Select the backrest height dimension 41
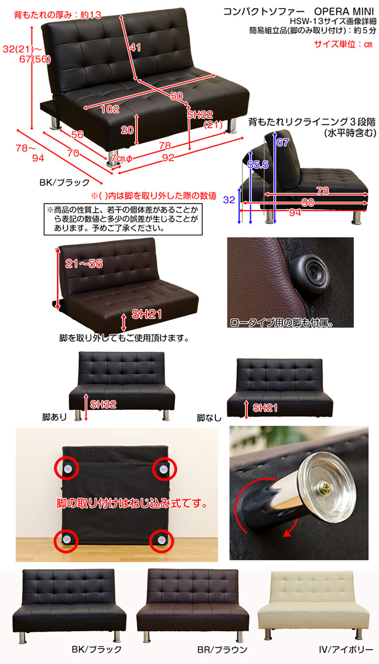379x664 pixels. coord(135,47)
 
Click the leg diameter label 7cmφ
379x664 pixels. coord(122,158)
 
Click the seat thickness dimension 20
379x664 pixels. coord(127,130)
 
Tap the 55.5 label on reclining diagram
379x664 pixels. coord(258,164)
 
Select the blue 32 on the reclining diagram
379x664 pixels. coord(230,200)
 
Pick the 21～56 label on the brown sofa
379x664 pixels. coord(84,264)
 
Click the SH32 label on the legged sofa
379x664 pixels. coord(103,404)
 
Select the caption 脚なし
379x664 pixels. coord(209,419)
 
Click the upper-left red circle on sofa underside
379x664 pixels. coord(67,468)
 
